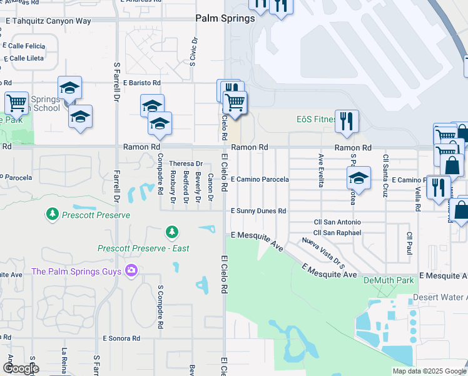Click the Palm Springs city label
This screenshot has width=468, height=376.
pos(225,18)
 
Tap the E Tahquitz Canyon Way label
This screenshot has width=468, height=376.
pos(48,21)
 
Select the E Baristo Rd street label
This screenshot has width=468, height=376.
pos(142,83)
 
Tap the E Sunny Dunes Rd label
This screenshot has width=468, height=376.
pos(258,211)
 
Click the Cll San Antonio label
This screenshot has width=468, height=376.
pos(337,222)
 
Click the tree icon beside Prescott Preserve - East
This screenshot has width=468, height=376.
pos(171,233)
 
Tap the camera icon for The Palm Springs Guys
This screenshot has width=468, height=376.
pos(131,271)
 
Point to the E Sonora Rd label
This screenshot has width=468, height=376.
pos(121,338)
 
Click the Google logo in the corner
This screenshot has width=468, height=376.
pos(21,368)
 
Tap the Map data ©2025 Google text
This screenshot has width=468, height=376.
pos(429,371)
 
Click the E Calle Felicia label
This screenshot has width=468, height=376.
pos(24,46)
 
